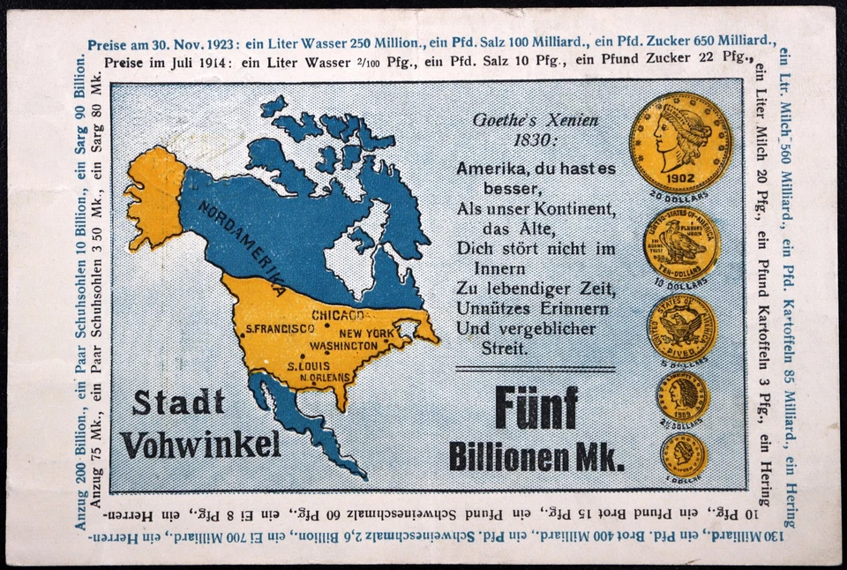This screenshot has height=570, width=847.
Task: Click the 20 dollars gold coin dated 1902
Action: (680, 142)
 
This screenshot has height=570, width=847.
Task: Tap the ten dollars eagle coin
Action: (681, 244)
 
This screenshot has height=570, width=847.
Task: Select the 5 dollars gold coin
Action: (681, 327)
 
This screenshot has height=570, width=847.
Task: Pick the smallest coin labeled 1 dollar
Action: (683, 455)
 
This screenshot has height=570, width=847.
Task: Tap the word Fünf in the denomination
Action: (536, 409)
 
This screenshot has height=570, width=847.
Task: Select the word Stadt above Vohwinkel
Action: (178, 403)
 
